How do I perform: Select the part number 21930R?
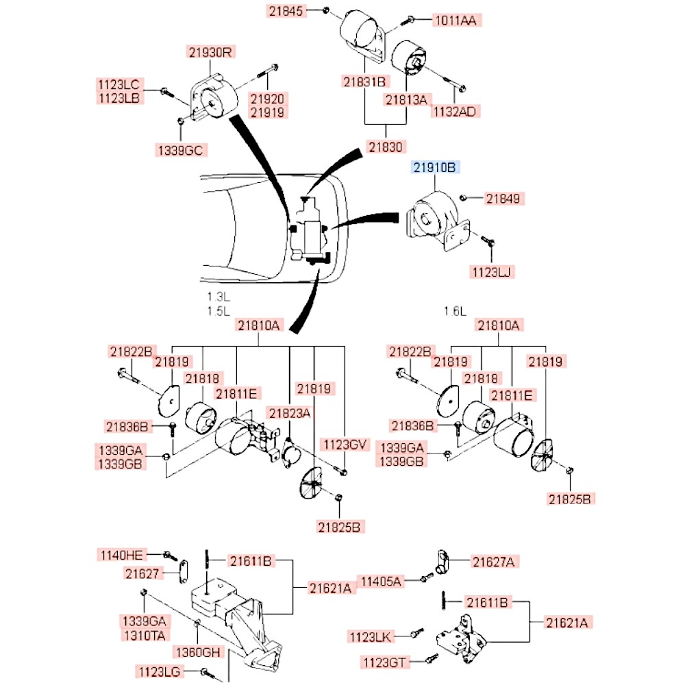211,52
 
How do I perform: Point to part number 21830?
386,146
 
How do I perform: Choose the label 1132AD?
455,111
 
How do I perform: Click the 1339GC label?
181,150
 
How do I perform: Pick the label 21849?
506,199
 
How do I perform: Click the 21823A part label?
289,412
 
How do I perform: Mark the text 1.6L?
455,311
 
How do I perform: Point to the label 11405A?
382,582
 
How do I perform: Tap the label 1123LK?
370,637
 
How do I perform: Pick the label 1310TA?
143,635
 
